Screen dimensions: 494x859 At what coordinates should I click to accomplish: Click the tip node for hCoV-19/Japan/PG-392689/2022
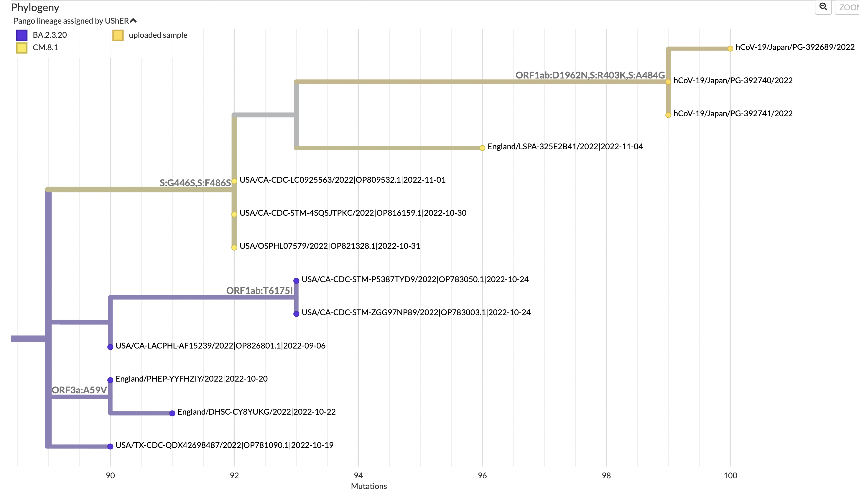tap(730, 48)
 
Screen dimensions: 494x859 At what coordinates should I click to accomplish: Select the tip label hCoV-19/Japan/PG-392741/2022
tap(733, 114)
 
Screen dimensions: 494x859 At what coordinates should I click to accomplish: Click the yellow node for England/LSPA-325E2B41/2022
tap(482, 148)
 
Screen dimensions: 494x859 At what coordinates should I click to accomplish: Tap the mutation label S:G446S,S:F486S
tap(195, 183)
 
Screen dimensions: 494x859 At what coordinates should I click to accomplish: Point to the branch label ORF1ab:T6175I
tap(259, 290)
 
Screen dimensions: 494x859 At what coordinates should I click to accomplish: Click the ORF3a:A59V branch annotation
tap(79, 390)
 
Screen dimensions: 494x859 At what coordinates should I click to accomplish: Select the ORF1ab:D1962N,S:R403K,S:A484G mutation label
tap(590, 75)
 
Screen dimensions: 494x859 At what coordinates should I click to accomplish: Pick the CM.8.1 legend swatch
tap(22, 48)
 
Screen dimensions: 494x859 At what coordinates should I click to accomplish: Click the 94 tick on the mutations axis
tap(358, 475)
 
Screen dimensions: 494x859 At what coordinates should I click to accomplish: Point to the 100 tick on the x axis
tap(730, 475)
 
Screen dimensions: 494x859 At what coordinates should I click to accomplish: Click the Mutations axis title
tap(369, 486)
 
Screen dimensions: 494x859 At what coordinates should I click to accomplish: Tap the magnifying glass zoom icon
tap(823, 7)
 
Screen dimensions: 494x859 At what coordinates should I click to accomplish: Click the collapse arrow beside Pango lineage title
tap(133, 21)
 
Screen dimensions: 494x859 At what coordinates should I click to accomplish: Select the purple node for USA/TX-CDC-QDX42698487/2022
tap(110, 446)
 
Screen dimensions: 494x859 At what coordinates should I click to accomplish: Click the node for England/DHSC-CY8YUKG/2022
tap(172, 413)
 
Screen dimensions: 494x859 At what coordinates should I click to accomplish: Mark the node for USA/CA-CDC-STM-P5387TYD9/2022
tap(296, 281)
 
